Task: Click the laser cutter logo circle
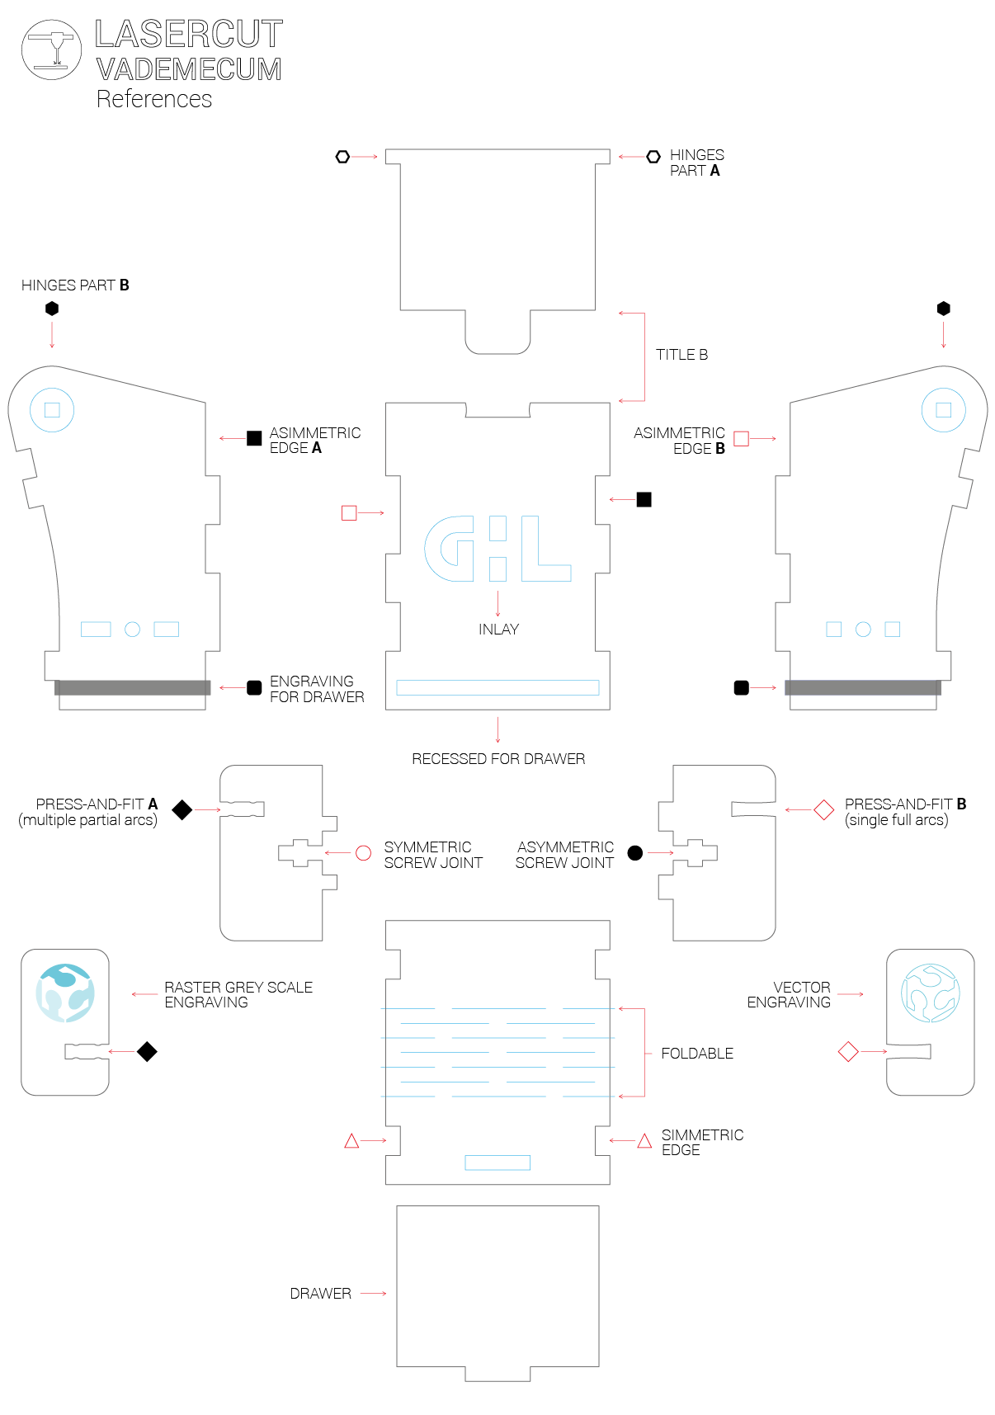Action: pos(51,50)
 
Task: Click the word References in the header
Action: pos(154,99)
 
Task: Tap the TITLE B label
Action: pos(681,355)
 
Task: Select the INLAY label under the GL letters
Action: pos(498,630)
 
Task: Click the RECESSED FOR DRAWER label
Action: pos(498,759)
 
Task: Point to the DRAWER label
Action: pos(320,1294)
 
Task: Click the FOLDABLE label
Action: pos(697,1054)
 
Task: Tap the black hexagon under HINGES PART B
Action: pos(52,309)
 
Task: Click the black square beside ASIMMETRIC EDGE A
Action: pos(254,438)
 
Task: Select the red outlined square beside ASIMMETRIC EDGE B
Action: pos(741,439)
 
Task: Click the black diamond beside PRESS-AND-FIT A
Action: pos(182,810)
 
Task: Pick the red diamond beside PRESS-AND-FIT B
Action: pos(823,810)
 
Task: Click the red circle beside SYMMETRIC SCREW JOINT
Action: pos(363,853)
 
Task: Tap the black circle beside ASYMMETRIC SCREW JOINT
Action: pos(634,853)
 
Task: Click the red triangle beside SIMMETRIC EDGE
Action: pos(644,1141)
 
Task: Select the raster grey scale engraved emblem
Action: pos(65,993)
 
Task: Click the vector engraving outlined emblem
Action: pos(930,993)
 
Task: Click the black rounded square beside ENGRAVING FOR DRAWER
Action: pos(254,688)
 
